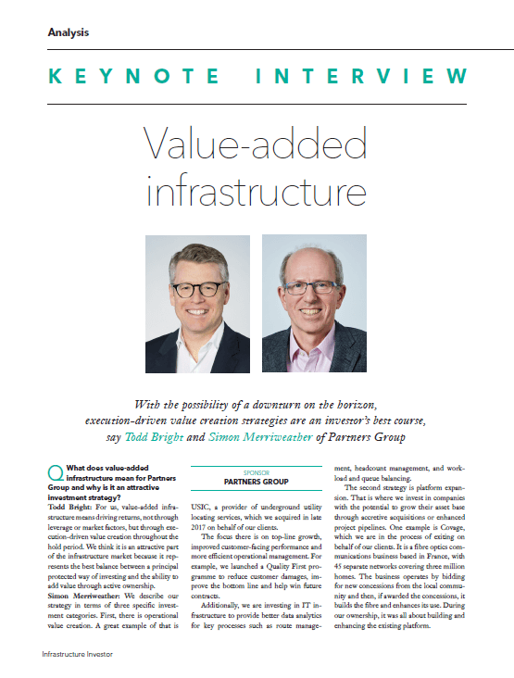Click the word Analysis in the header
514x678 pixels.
pyautogui.click(x=68, y=32)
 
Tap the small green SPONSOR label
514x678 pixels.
pyautogui.click(x=256, y=471)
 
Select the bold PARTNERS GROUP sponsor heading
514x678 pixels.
pyautogui.click(x=256, y=483)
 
